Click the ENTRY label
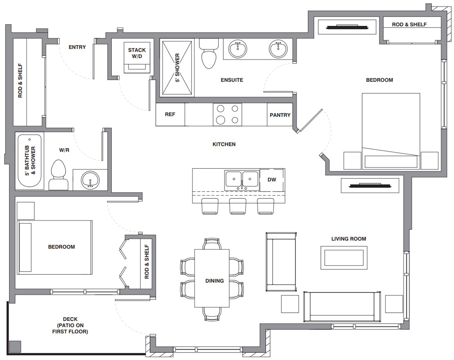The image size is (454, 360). [x=77, y=47]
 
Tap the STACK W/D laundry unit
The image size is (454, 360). [x=137, y=58]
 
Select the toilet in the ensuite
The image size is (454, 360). [x=209, y=54]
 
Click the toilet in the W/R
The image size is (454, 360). [x=59, y=175]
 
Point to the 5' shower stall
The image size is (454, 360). [x=177, y=68]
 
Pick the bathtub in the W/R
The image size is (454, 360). [x=30, y=161]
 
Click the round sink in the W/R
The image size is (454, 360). [x=90, y=180]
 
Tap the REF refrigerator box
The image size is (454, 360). [x=170, y=114]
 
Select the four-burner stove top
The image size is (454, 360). [x=227, y=114]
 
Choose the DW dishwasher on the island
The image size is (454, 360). [x=272, y=180]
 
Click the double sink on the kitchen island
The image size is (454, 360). [x=242, y=180]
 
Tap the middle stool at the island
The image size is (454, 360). [x=238, y=206]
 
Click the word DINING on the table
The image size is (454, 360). [x=215, y=281]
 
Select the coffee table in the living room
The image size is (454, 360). [x=344, y=258]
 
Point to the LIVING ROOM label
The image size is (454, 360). [x=349, y=239]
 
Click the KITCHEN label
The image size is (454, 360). [x=224, y=144]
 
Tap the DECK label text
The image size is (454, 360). [x=70, y=319]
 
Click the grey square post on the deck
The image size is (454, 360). [x=15, y=346]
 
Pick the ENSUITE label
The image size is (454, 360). [x=232, y=80]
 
